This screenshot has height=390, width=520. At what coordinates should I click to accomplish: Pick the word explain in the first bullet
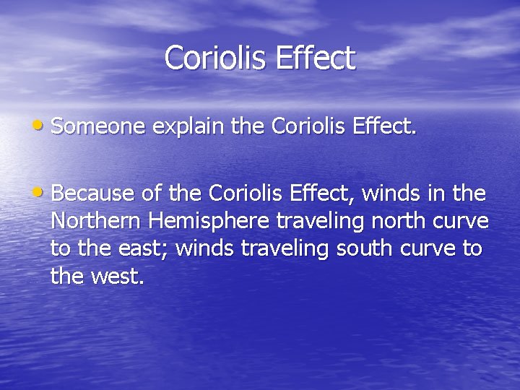[189, 128]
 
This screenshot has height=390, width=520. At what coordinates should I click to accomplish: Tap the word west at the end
[118, 276]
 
